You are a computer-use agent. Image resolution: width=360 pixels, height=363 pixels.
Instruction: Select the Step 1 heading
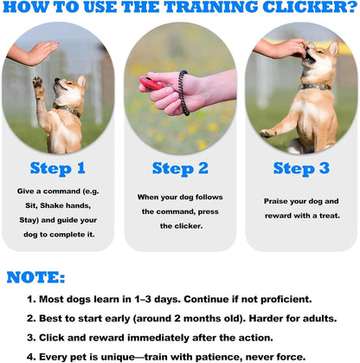click(x=58, y=168)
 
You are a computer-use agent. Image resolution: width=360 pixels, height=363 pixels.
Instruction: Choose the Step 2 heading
click(x=179, y=168)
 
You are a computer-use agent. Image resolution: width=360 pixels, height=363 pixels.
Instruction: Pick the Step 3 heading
click(x=300, y=168)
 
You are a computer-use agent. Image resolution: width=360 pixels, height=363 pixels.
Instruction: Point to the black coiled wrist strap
click(x=183, y=93)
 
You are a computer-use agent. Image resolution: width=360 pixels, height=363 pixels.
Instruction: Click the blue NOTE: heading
click(x=35, y=277)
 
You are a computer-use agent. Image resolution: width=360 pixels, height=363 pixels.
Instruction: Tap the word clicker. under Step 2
click(x=179, y=224)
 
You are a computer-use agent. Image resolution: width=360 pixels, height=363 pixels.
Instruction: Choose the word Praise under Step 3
click(x=281, y=201)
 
